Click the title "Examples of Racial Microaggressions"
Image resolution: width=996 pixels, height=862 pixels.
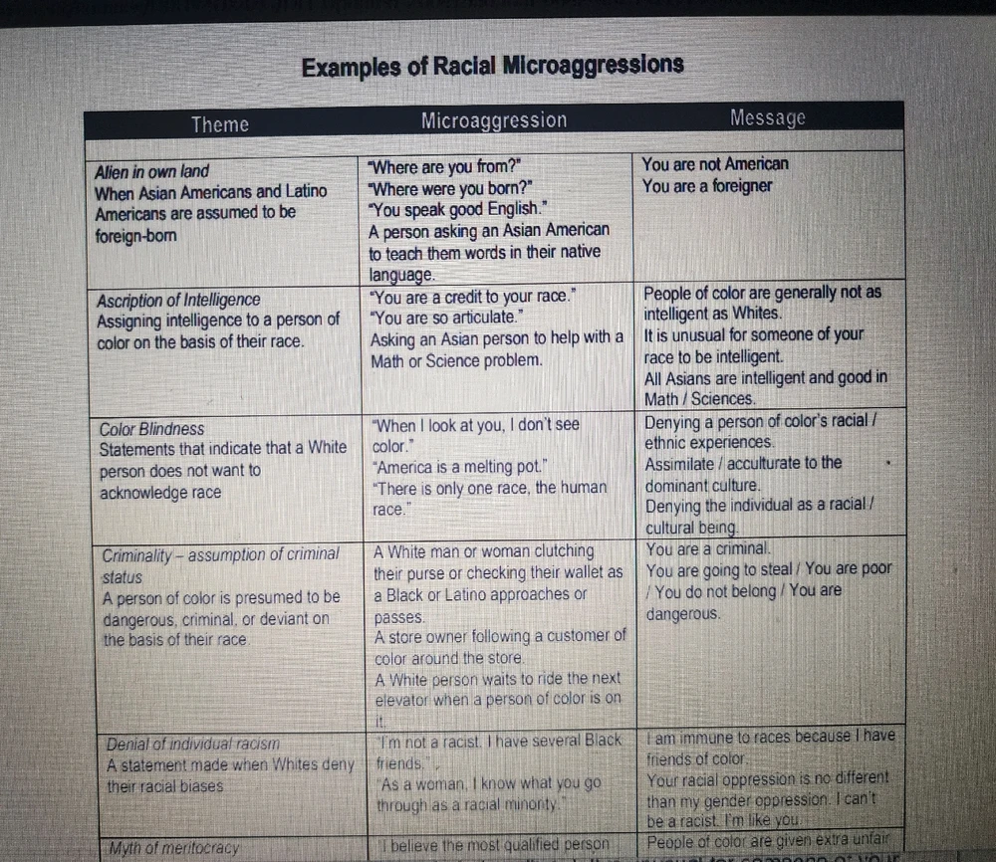(x=492, y=67)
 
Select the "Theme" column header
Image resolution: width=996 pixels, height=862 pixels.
(x=220, y=124)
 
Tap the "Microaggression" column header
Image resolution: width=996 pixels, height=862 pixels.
(x=493, y=121)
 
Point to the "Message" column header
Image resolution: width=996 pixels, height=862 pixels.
(x=767, y=118)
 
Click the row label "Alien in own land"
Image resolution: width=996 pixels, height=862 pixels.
(x=152, y=171)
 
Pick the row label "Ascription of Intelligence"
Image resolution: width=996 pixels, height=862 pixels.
(x=178, y=300)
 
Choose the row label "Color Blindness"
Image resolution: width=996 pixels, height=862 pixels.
(x=151, y=429)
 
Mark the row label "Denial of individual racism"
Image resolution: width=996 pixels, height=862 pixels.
(x=191, y=743)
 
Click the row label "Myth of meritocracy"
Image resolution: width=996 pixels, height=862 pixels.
(x=174, y=848)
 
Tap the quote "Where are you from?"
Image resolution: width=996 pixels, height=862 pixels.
(x=444, y=166)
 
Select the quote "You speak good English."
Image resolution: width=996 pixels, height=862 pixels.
(x=458, y=209)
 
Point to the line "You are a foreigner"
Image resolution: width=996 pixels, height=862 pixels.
(x=707, y=186)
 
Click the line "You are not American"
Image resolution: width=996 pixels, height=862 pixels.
(x=715, y=164)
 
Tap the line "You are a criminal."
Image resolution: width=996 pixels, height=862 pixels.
(x=708, y=548)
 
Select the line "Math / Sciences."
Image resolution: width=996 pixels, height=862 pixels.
(x=699, y=399)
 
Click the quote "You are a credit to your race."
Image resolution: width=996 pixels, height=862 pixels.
(x=474, y=297)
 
